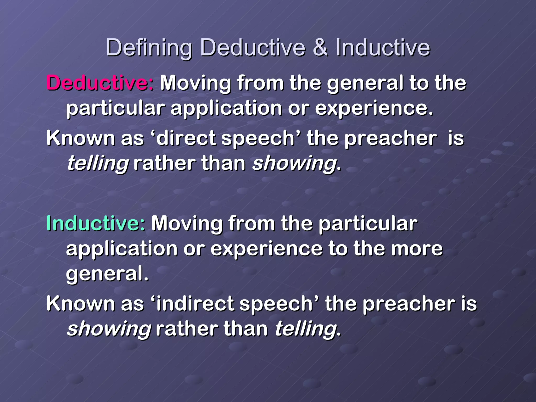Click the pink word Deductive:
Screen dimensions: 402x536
(x=100, y=83)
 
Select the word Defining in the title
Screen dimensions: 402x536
(x=149, y=48)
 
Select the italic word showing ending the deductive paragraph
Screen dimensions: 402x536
(x=294, y=164)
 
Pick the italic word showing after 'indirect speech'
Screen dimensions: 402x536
(x=109, y=329)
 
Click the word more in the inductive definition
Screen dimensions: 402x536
(x=416, y=249)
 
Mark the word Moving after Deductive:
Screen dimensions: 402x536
(x=196, y=83)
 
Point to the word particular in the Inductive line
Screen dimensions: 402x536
(x=368, y=224)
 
